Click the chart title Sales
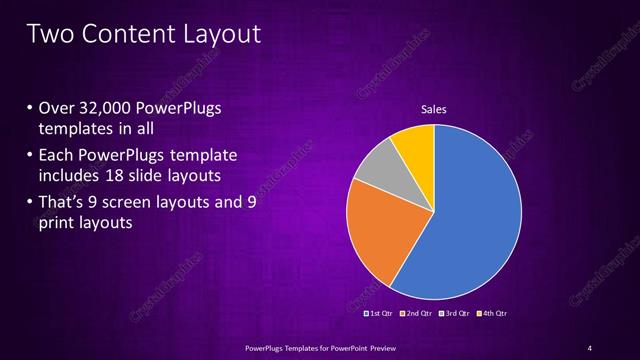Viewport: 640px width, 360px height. [x=433, y=109]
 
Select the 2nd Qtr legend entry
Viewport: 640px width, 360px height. [x=416, y=314]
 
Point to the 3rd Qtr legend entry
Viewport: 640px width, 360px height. [x=454, y=314]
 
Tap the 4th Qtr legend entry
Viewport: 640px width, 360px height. [x=491, y=314]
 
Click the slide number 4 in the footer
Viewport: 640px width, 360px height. [x=589, y=347]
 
